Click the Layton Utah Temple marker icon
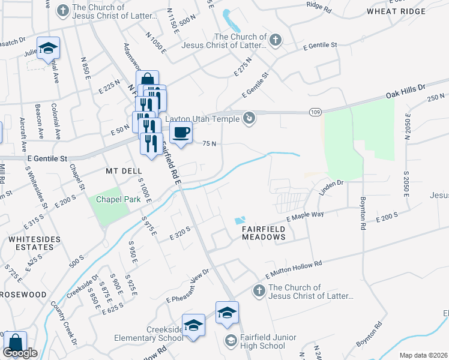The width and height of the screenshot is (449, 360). (249, 118)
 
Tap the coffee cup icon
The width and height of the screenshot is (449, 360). (181, 133)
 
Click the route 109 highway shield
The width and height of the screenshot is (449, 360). (315, 112)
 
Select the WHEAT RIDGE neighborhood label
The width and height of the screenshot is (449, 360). (400, 11)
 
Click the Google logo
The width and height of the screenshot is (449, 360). (20, 353)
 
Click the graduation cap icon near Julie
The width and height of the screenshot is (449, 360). (48, 48)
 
